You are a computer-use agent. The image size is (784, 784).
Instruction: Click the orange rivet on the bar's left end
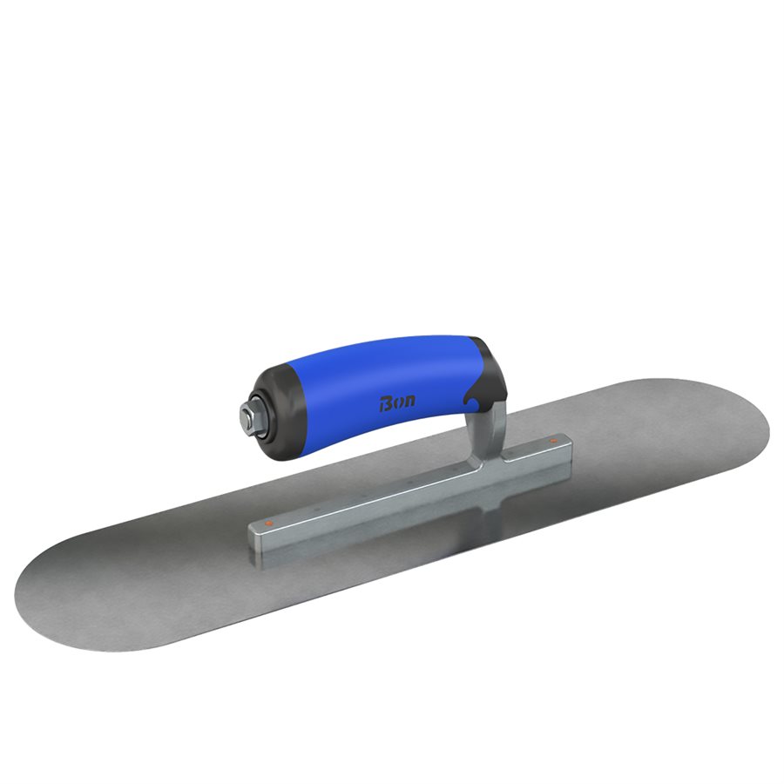269,523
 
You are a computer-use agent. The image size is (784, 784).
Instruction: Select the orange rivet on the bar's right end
553,441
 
